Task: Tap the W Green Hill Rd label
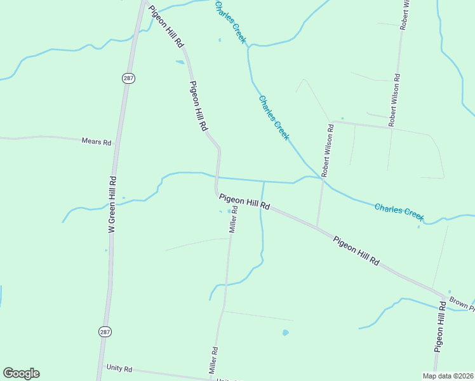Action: pyautogui.click(x=112, y=204)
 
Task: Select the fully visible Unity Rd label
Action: pyautogui.click(x=119, y=368)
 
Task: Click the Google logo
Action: pyautogui.click(x=21, y=373)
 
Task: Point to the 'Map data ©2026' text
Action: pyautogui.click(x=448, y=376)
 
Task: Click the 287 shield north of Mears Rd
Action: pyautogui.click(x=129, y=77)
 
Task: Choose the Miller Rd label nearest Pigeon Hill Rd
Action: pyautogui.click(x=233, y=219)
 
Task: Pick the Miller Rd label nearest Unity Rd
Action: pyautogui.click(x=214, y=359)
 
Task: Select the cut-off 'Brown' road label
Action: pyautogui.click(x=461, y=303)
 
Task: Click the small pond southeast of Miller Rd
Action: pyautogui.click(x=285, y=332)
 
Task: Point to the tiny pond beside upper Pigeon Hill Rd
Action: pyautogui.click(x=180, y=62)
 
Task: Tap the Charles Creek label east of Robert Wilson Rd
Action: pyautogui.click(x=399, y=211)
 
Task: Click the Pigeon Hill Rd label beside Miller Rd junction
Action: pyautogui.click(x=245, y=203)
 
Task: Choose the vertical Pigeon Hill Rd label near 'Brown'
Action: pyautogui.click(x=439, y=328)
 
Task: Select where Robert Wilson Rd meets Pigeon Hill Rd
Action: pyautogui.click(x=318, y=227)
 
